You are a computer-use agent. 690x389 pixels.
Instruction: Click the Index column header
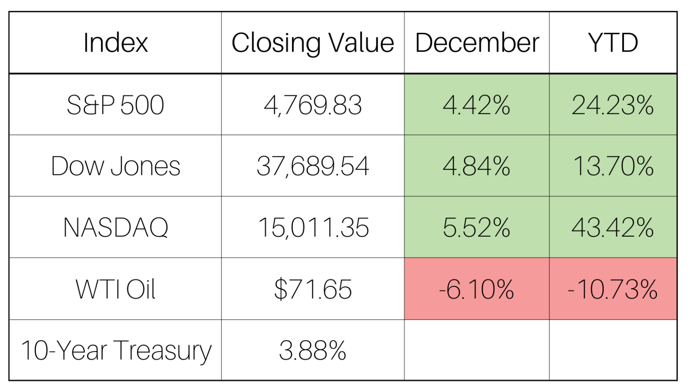click(115, 43)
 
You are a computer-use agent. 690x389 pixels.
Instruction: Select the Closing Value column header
click(313, 43)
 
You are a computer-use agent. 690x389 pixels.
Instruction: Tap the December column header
click(477, 43)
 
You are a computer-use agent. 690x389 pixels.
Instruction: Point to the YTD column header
click(613, 43)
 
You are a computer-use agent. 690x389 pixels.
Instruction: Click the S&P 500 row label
click(115, 105)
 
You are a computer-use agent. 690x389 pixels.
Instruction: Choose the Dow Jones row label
click(115, 166)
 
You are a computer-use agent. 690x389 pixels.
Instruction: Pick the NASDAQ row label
click(115, 228)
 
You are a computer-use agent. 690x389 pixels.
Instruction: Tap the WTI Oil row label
click(115, 289)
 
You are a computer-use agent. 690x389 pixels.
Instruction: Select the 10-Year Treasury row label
click(115, 350)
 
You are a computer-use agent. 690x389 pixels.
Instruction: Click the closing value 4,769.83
click(313, 105)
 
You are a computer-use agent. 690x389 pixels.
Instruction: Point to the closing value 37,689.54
click(313, 166)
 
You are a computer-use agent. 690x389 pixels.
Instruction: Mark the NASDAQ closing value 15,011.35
click(313, 228)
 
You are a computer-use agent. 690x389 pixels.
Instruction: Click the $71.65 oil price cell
click(313, 289)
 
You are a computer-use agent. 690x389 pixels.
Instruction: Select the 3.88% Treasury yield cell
click(313, 350)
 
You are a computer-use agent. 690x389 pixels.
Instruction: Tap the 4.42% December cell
click(477, 105)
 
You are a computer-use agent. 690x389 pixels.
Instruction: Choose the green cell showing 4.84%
click(477, 166)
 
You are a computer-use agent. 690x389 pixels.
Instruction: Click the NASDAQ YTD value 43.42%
click(613, 228)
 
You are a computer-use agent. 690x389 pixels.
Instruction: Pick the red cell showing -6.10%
click(477, 289)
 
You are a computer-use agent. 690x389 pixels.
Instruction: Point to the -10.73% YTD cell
click(613, 289)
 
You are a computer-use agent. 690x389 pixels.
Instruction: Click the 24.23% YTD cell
click(613, 105)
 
